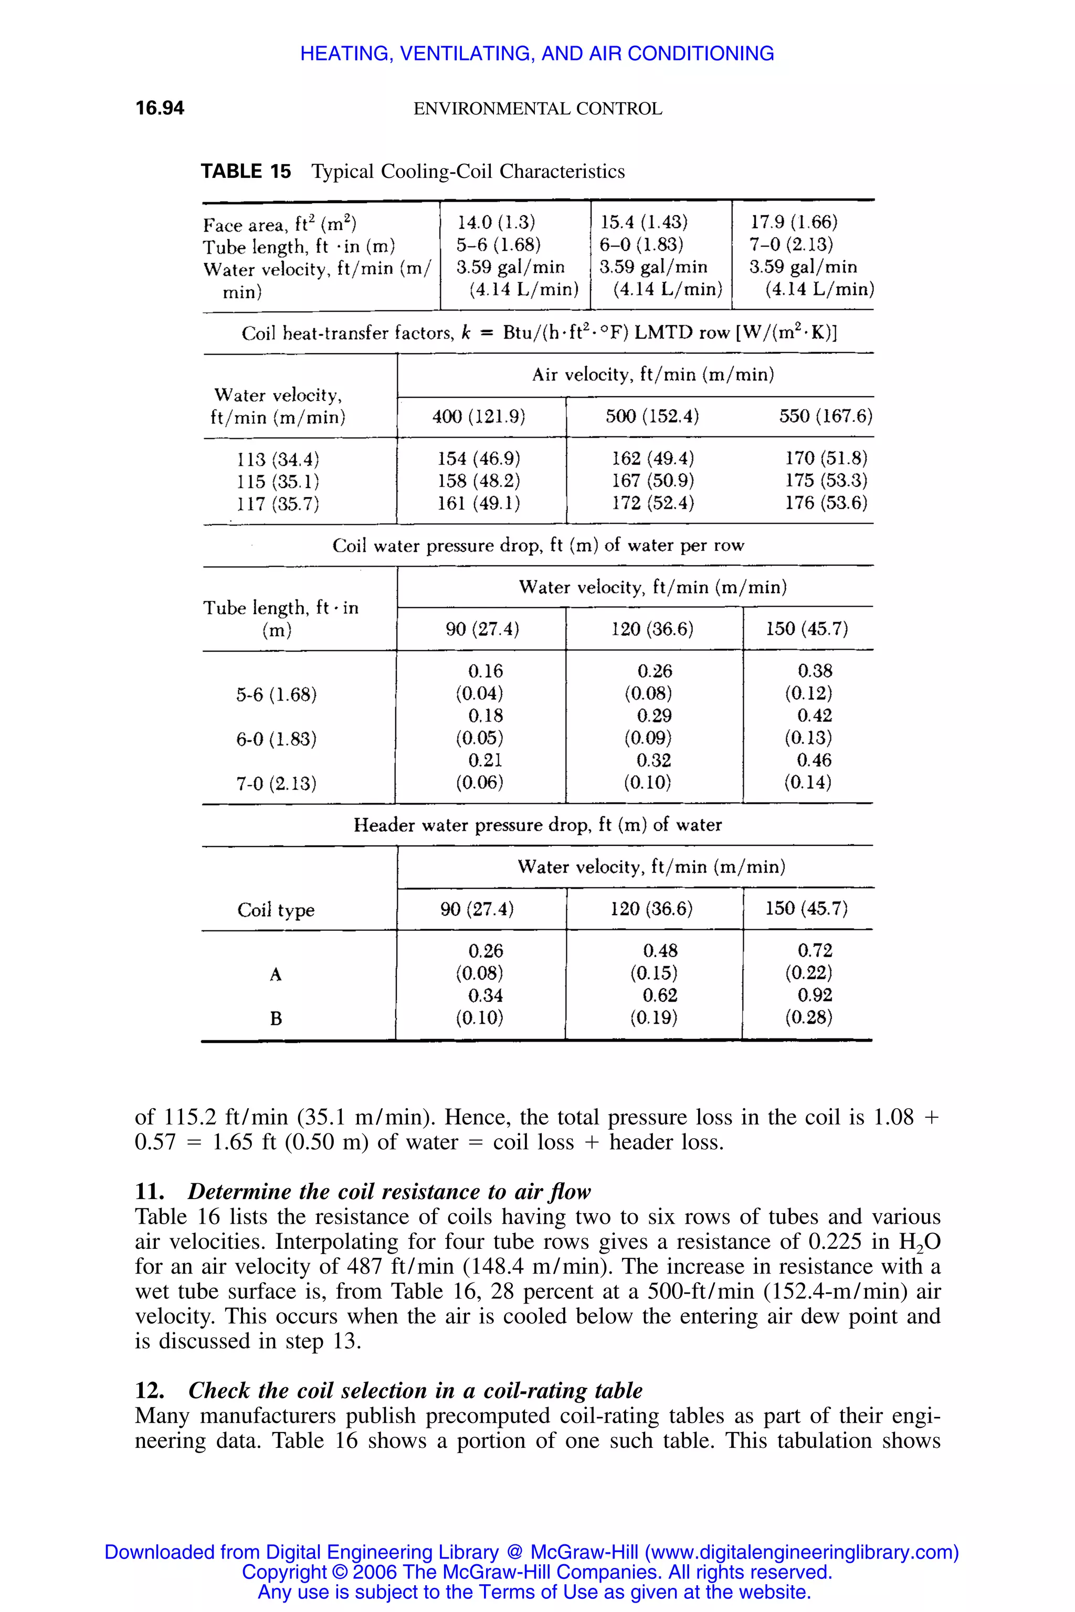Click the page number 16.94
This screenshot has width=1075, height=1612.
(x=160, y=108)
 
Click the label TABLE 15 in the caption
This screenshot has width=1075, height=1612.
(x=246, y=172)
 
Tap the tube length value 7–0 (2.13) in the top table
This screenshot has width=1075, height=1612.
(x=791, y=245)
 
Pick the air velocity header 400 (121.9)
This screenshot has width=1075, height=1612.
(x=479, y=417)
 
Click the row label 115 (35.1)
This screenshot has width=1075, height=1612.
(x=278, y=481)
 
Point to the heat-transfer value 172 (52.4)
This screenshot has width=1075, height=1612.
(x=652, y=503)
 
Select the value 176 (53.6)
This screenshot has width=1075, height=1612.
(x=826, y=503)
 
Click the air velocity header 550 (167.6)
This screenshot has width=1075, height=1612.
(x=825, y=417)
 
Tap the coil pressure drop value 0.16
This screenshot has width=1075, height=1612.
(x=486, y=671)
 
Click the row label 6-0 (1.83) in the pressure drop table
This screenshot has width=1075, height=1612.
(x=276, y=739)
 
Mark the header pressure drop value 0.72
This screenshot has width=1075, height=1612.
(x=815, y=951)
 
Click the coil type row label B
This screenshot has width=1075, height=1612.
(x=276, y=1019)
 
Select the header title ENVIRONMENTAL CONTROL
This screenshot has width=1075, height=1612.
(x=537, y=109)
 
